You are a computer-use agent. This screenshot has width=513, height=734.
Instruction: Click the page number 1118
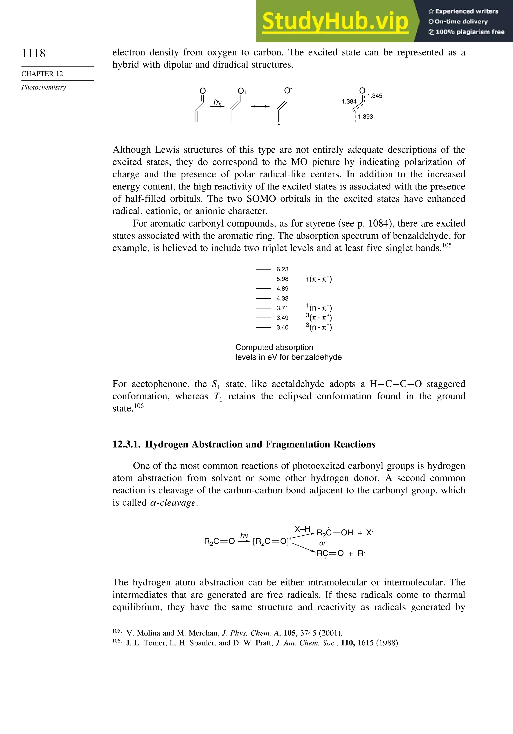pos(34,53)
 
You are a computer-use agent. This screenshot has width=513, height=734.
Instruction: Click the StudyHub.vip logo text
pos(335,21)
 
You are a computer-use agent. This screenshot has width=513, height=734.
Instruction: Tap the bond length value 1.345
pos(375,96)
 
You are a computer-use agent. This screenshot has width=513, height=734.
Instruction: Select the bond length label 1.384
pos(349,102)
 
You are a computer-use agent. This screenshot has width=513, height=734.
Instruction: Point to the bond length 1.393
pos(365,117)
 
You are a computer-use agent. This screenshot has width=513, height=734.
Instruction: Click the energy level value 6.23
pos(282,269)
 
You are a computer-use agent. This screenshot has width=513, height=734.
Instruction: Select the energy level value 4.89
pos(282,289)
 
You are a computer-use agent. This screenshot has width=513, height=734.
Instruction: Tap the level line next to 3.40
pos(263,327)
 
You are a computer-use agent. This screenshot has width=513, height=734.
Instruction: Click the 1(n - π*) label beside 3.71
pos(319,308)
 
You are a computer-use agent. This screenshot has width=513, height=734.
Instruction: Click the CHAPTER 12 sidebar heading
pos(42,74)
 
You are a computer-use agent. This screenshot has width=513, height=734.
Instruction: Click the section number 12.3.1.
pos(126,444)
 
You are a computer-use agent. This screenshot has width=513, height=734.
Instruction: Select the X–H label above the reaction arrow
pos(302,529)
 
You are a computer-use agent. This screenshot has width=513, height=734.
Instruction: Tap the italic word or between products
pos(322,543)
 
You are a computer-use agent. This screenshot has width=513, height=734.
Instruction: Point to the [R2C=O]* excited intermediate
pos(272,541)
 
